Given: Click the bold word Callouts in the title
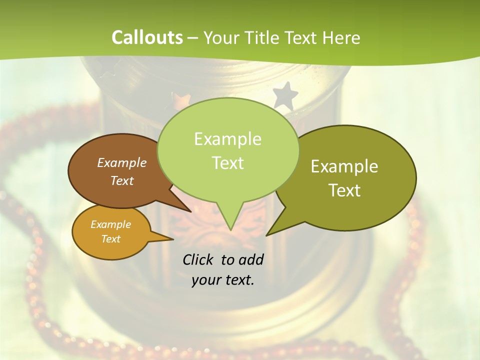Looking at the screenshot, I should [147, 37].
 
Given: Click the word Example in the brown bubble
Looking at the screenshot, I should [122, 162].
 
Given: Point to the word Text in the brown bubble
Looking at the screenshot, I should [122, 180].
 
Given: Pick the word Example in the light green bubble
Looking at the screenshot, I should [227, 139].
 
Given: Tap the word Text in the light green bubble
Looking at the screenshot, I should [227, 163].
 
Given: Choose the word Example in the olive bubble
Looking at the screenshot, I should [344, 166].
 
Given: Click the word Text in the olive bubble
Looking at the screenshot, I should [344, 190].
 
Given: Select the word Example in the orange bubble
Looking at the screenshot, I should [110, 224].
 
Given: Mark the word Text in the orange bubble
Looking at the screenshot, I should [110, 239].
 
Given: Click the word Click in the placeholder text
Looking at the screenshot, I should [198, 259].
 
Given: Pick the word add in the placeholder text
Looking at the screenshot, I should [251, 259].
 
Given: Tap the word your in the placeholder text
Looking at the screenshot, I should [205, 280].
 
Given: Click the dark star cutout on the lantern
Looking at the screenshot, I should [285, 95].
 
